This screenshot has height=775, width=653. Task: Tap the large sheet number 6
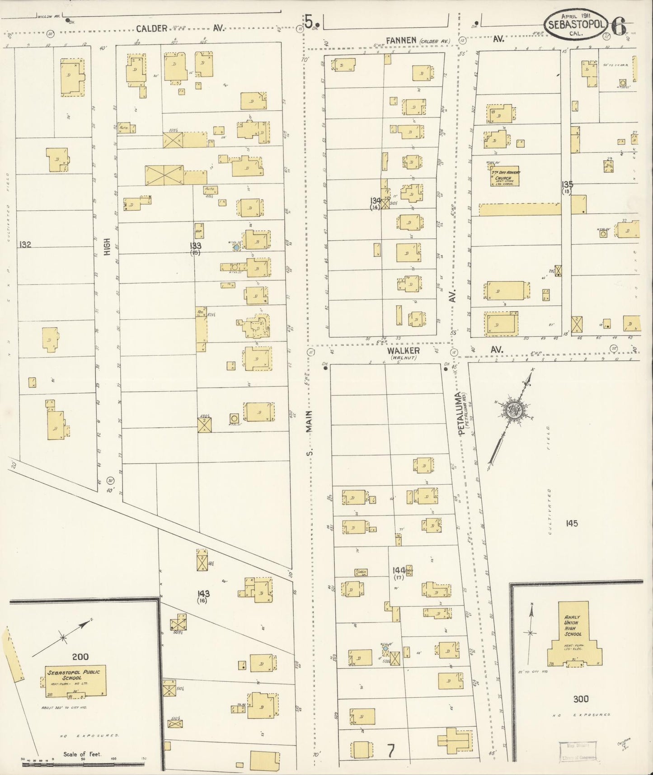pos(620,26)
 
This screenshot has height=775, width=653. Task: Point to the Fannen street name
pos(401,41)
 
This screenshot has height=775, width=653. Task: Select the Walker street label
pos(403,351)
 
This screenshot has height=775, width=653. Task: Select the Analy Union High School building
pos(573,634)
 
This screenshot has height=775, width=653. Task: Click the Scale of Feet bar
pos(83,765)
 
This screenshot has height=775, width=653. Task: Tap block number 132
pos(25,245)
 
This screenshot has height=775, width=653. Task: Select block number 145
pos(571,523)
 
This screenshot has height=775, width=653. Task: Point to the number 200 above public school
pos(80,656)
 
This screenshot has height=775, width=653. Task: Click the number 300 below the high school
pos(581,699)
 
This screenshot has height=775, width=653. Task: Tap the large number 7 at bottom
pos(391,751)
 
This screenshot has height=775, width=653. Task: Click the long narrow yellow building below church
pos(519,209)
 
